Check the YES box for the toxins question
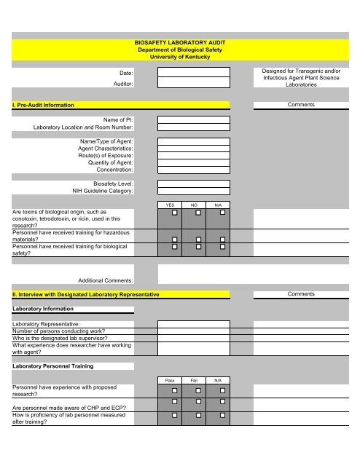[x=175, y=213]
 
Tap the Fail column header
[x=194, y=380]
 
